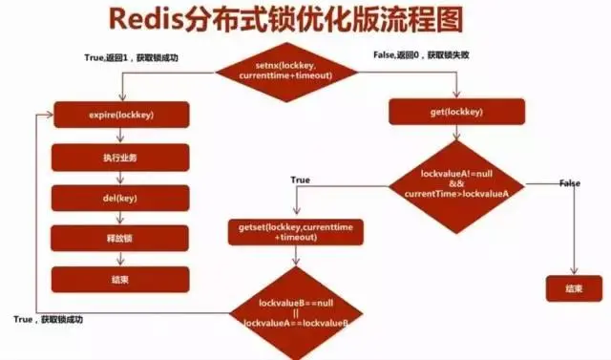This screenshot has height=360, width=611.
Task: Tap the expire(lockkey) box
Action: (119, 115)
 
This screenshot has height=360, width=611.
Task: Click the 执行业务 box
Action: (119, 157)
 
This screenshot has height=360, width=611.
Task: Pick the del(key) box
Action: (119, 198)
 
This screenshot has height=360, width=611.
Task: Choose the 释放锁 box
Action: (119, 239)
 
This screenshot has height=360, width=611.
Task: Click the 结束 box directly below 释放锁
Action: (119, 279)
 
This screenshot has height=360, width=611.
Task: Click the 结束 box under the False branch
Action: (575, 287)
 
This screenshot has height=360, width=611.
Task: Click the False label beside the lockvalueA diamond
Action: (569, 182)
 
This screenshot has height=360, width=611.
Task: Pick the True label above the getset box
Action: (300, 180)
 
